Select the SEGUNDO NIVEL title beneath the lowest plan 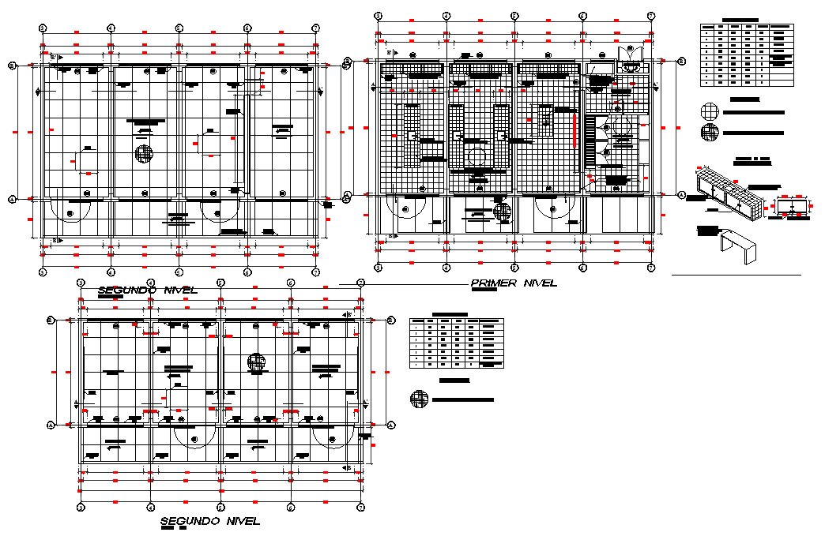[x=209, y=521]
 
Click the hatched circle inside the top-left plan [x=143, y=153]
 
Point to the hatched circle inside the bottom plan [x=256, y=362]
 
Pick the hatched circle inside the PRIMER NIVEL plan [x=502, y=211]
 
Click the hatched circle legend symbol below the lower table [x=419, y=399]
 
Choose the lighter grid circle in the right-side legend [x=710, y=111]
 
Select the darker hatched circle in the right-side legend [x=710, y=133]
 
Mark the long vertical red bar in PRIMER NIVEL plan [x=574, y=129]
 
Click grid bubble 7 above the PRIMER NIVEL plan [x=650, y=16]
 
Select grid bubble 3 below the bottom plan [x=81, y=506]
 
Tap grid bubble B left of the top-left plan [x=12, y=66]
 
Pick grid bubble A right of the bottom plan [x=391, y=425]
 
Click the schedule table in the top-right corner [x=746, y=54]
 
